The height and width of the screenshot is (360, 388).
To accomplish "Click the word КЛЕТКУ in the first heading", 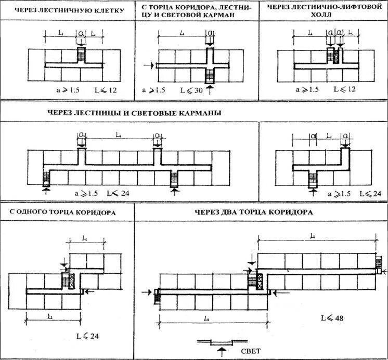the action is [109, 10].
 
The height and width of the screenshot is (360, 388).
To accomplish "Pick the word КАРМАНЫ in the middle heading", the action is [198, 113].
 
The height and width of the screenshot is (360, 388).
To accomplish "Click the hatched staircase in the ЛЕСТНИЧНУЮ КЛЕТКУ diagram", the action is [81, 54].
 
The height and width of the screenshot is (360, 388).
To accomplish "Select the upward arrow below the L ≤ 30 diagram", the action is [210, 90].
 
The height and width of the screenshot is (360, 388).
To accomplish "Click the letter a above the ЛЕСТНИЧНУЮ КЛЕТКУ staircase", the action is [81, 33].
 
